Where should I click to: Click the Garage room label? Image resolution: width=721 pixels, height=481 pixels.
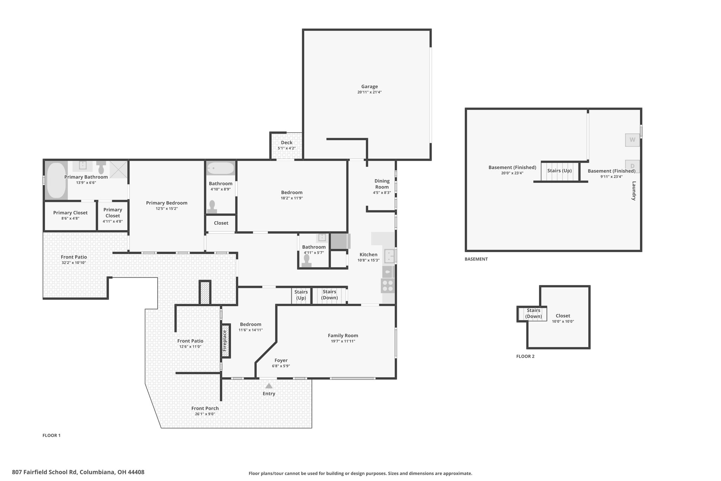coord(369,87)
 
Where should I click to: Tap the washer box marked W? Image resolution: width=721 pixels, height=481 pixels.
coord(632,140)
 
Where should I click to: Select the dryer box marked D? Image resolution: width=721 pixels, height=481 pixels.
coord(632,166)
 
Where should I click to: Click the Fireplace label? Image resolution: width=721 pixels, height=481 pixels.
coord(225,340)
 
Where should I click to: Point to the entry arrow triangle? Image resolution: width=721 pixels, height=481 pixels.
coord(269,386)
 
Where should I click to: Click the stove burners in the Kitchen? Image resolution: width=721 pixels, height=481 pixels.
coord(388,286)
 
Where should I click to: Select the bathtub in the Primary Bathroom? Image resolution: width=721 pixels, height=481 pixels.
coord(56,180)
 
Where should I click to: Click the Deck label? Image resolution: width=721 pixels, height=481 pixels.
coord(287,143)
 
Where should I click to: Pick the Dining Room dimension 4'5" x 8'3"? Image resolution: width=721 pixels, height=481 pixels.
coord(382,193)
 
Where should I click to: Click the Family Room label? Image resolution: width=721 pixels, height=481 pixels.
coord(343,336)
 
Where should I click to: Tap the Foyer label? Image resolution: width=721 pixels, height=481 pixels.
coord(281,360)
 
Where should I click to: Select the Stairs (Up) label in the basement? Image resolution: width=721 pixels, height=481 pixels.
coord(559,171)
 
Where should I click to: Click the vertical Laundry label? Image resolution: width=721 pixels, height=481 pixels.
coord(634,191)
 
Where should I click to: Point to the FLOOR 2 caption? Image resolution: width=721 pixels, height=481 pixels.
coord(525,356)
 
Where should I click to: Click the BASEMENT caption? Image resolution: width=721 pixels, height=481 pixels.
coord(476,259)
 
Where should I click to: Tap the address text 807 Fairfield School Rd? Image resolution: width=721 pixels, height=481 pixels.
coord(45,472)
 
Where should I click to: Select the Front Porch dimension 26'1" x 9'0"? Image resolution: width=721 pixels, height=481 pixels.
coord(205,414)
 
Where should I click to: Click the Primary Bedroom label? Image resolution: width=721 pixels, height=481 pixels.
coord(167,203)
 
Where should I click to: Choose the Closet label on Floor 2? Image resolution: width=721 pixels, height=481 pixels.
coord(563,316)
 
